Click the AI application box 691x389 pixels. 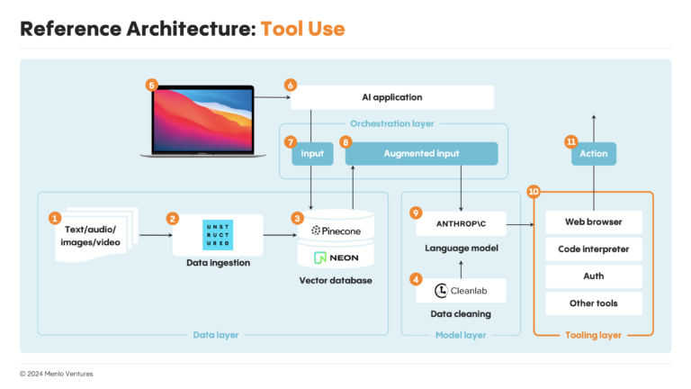tap(391, 97)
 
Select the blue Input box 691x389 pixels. tap(311, 154)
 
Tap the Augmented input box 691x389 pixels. tap(421, 154)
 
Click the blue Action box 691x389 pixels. tap(593, 154)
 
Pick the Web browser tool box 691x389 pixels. tap(593, 222)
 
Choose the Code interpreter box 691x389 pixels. tap(593, 249)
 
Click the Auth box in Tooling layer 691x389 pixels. tap(593, 276)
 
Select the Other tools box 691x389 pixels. tap(593, 303)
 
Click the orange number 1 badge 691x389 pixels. tap(55, 218)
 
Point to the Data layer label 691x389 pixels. tap(216, 335)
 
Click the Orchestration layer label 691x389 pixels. tap(392, 124)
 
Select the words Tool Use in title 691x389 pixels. tap(302, 28)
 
